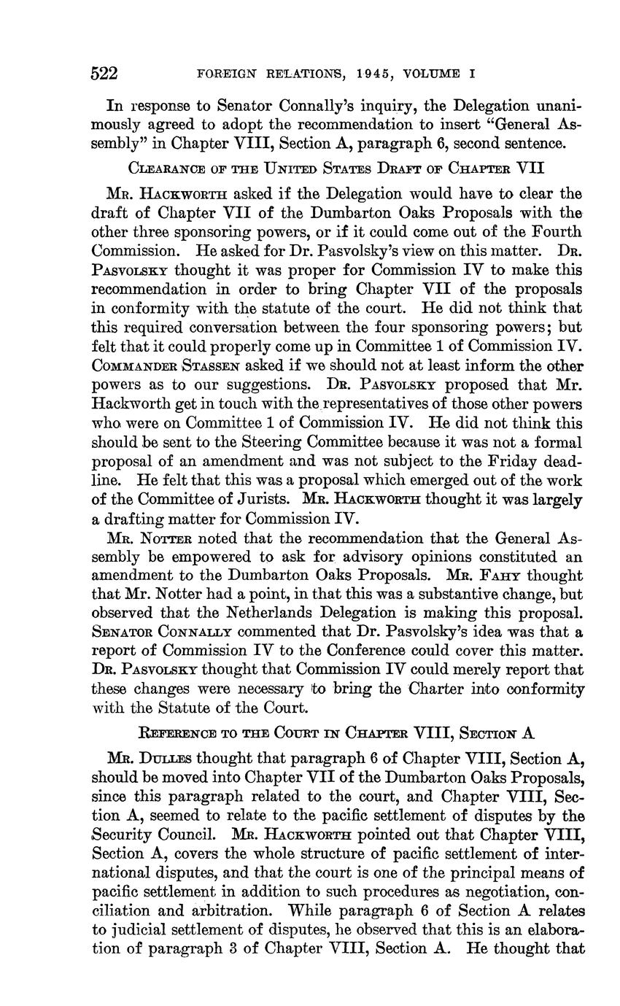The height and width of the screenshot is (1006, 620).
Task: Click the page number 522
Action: pyautogui.click(x=104, y=74)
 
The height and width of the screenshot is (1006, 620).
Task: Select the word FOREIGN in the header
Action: pyautogui.click(x=224, y=74)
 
